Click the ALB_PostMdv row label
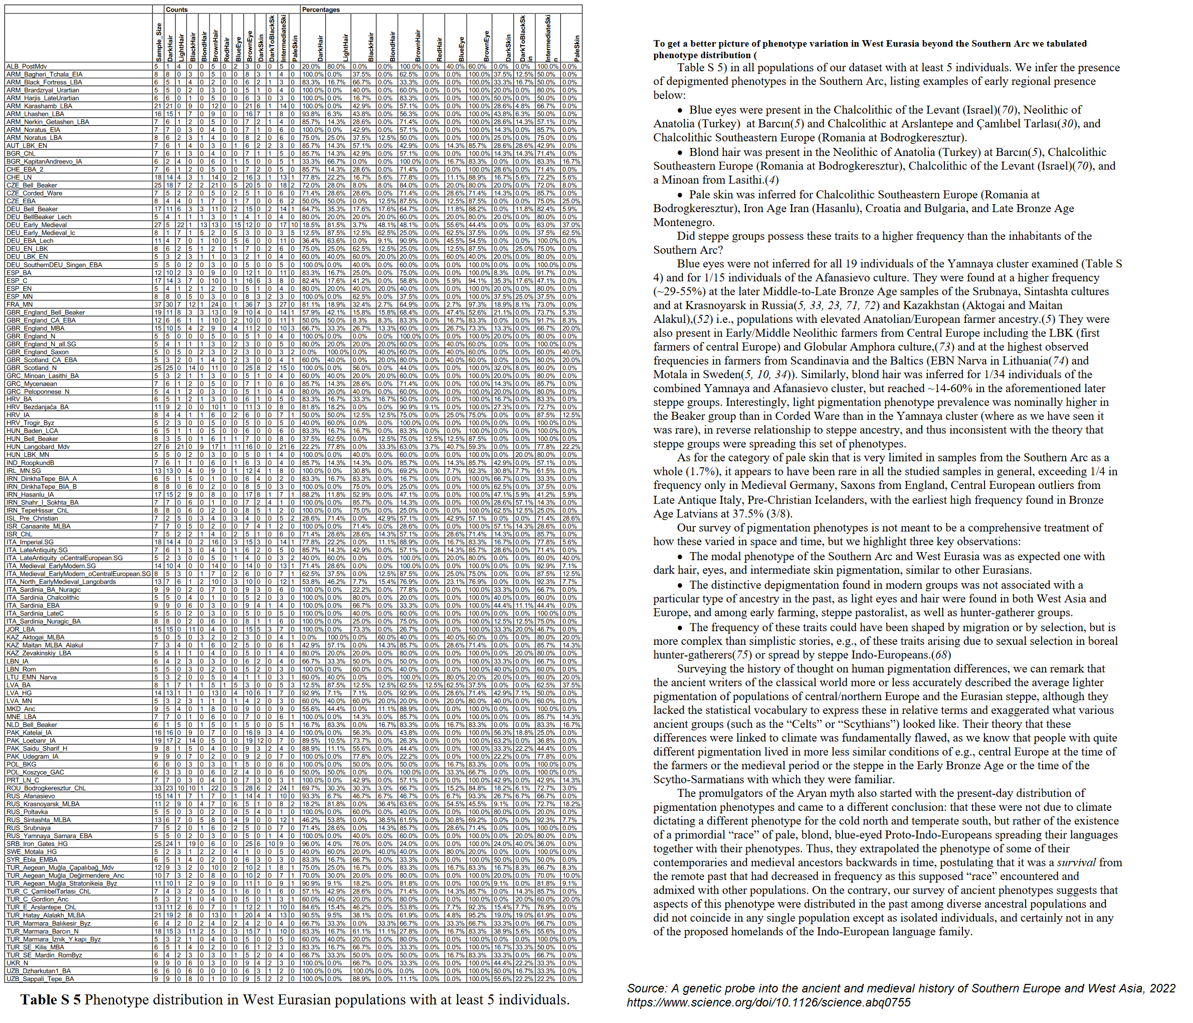(27, 67)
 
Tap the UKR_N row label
(17, 962)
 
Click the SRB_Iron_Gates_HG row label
(37, 844)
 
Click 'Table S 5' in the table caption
(50, 999)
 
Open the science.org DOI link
(768, 1002)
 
